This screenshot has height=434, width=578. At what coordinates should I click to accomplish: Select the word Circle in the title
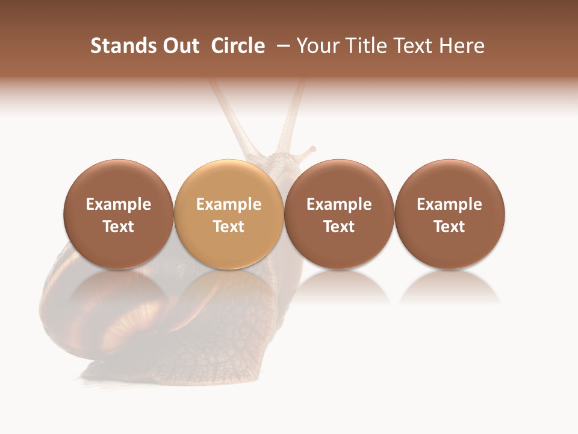(238, 46)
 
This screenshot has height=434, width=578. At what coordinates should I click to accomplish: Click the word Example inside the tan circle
(229, 204)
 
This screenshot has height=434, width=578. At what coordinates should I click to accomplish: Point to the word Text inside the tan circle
(229, 227)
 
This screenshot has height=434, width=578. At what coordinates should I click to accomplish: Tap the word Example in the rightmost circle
(450, 204)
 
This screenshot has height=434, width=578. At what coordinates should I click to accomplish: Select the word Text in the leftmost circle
(118, 227)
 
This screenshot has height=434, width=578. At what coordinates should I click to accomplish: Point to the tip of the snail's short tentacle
(312, 148)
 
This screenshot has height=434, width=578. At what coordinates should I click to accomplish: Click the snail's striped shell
(90, 313)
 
